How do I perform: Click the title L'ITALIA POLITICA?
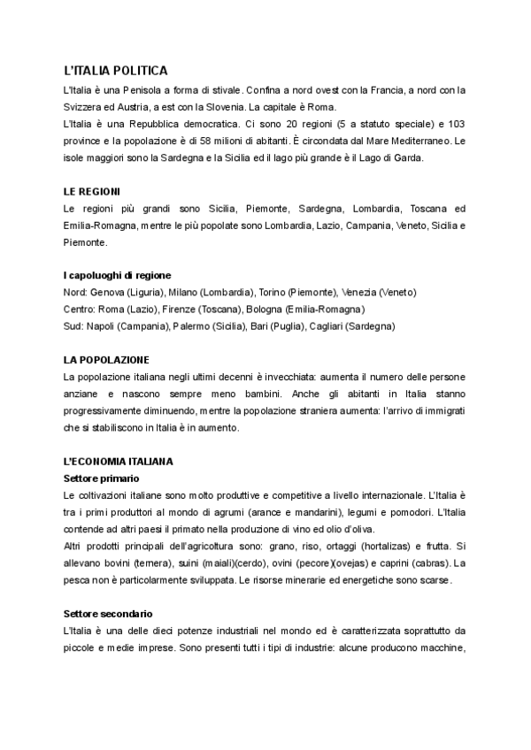point(115,71)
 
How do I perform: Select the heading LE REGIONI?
point(92,191)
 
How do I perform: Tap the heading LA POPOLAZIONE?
point(106,360)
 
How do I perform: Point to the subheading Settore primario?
point(102,478)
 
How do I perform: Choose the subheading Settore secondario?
point(108,613)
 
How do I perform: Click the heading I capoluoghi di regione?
point(118,275)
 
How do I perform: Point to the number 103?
point(456,124)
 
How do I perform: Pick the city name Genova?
point(108,293)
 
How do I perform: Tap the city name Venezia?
point(366,293)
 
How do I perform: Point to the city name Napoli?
point(104,326)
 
